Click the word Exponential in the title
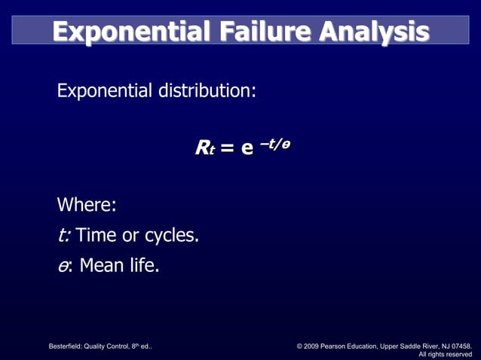[x=128, y=32]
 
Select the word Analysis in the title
[x=372, y=32]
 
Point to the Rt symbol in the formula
[x=204, y=148]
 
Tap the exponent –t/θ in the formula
[x=273, y=143]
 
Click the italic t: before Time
[x=64, y=235]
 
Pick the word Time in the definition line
[x=97, y=235]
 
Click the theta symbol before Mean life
[x=63, y=266]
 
